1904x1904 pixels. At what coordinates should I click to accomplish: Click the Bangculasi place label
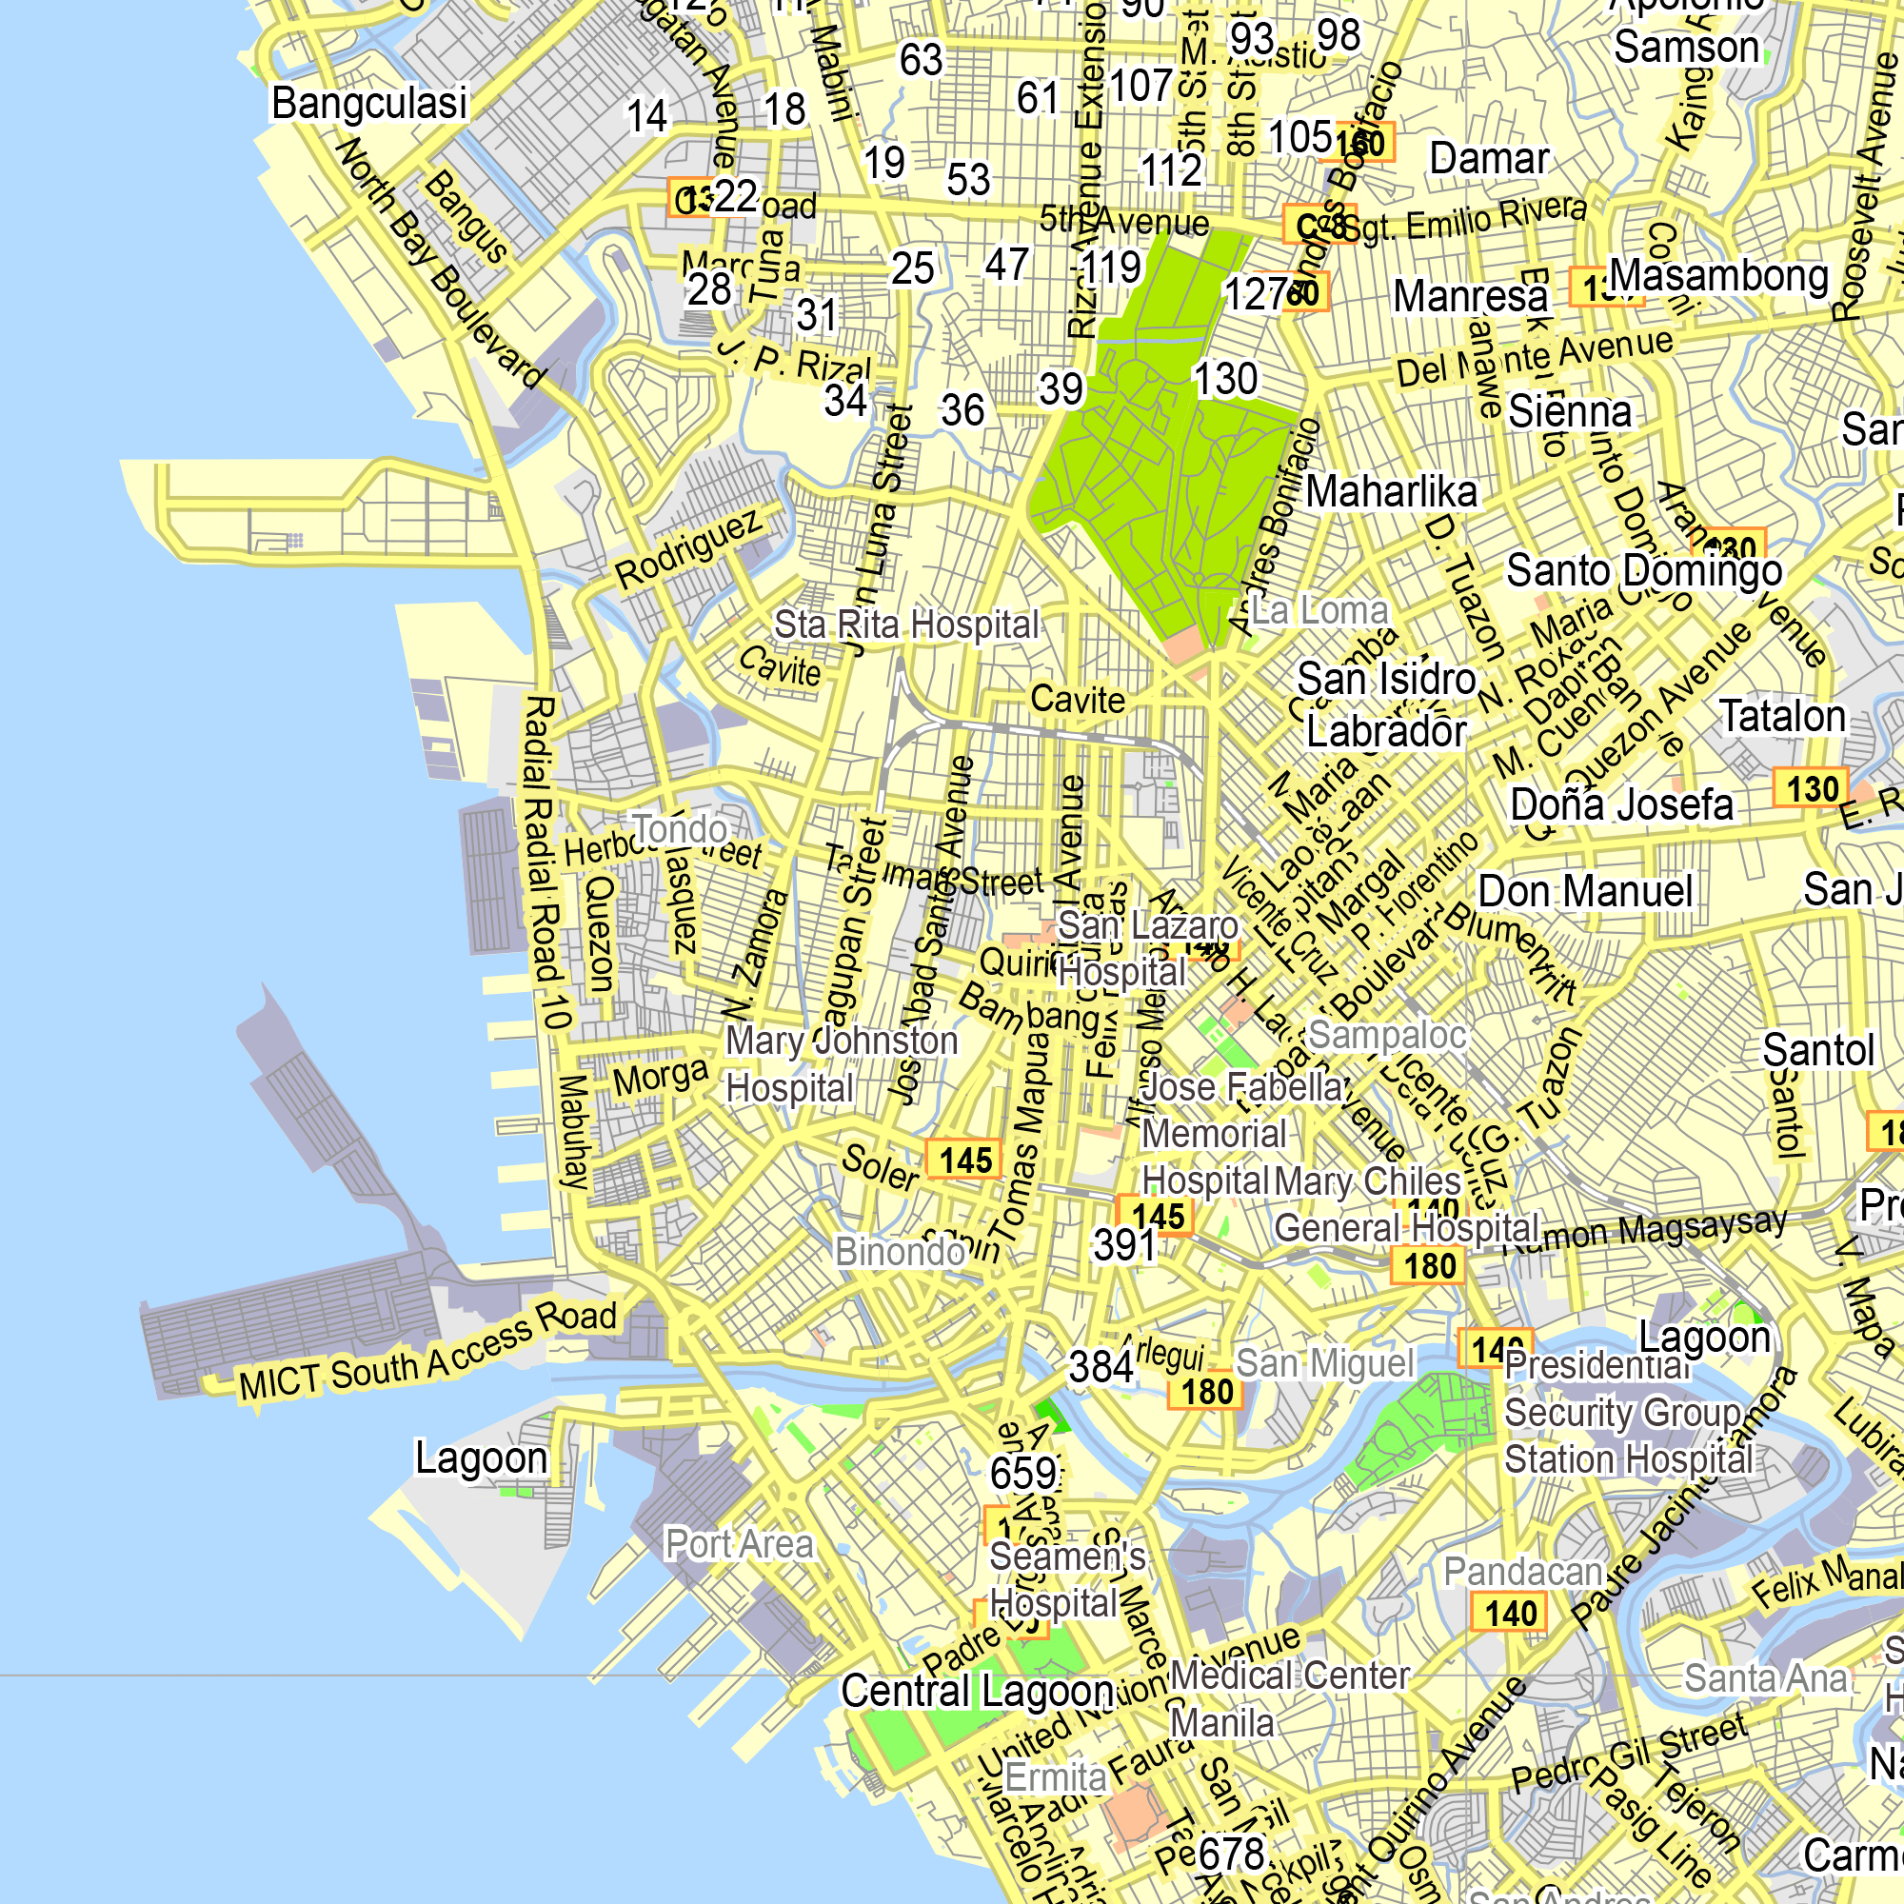coord(368,103)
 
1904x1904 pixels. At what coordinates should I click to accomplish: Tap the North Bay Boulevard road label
coord(440,263)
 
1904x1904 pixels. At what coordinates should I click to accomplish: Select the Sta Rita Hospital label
coord(905,624)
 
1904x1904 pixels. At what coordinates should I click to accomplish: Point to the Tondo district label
coord(679,829)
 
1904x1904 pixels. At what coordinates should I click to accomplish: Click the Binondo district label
coord(899,1252)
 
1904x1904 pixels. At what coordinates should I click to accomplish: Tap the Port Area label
coord(739,1543)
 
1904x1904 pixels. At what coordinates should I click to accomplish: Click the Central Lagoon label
coord(977,1691)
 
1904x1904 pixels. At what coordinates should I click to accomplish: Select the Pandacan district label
coord(1521,1571)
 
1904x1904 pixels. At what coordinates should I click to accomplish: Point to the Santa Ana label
coord(1765,1677)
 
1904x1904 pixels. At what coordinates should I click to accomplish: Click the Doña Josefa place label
coord(1621,804)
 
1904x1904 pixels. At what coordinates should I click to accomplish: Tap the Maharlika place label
coord(1392,492)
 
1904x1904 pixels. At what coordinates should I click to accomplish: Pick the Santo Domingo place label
coord(1644,569)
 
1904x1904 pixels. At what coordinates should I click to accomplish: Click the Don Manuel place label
coord(1585,891)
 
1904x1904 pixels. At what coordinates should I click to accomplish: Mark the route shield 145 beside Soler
coord(964,1160)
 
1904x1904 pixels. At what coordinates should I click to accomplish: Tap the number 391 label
coord(1123,1244)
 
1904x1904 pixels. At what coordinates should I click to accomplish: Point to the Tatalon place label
coord(1782,717)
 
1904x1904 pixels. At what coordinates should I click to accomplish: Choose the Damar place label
coord(1489,158)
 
